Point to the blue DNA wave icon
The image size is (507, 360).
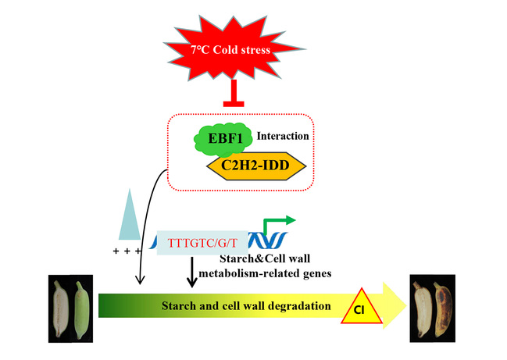269,241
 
